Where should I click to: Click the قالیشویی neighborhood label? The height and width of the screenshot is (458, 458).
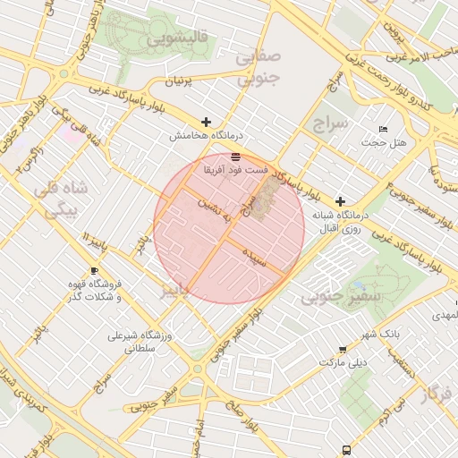[x=179, y=38]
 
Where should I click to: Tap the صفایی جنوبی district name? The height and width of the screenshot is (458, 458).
[x=259, y=68]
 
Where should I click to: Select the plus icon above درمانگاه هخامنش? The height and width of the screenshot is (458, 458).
[x=207, y=122]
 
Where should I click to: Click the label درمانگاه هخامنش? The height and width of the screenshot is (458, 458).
[x=195, y=137]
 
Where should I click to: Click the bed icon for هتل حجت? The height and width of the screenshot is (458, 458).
[x=384, y=130]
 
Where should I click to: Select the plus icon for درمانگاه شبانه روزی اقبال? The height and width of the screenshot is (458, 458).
[x=340, y=202]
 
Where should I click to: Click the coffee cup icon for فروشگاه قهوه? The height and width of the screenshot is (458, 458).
[x=95, y=270]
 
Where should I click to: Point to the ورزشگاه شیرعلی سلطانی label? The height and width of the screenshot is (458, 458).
[x=138, y=343]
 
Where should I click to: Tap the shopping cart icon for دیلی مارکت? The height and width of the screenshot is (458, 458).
[x=343, y=350]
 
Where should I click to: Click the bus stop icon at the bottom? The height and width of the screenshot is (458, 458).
[x=346, y=450]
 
